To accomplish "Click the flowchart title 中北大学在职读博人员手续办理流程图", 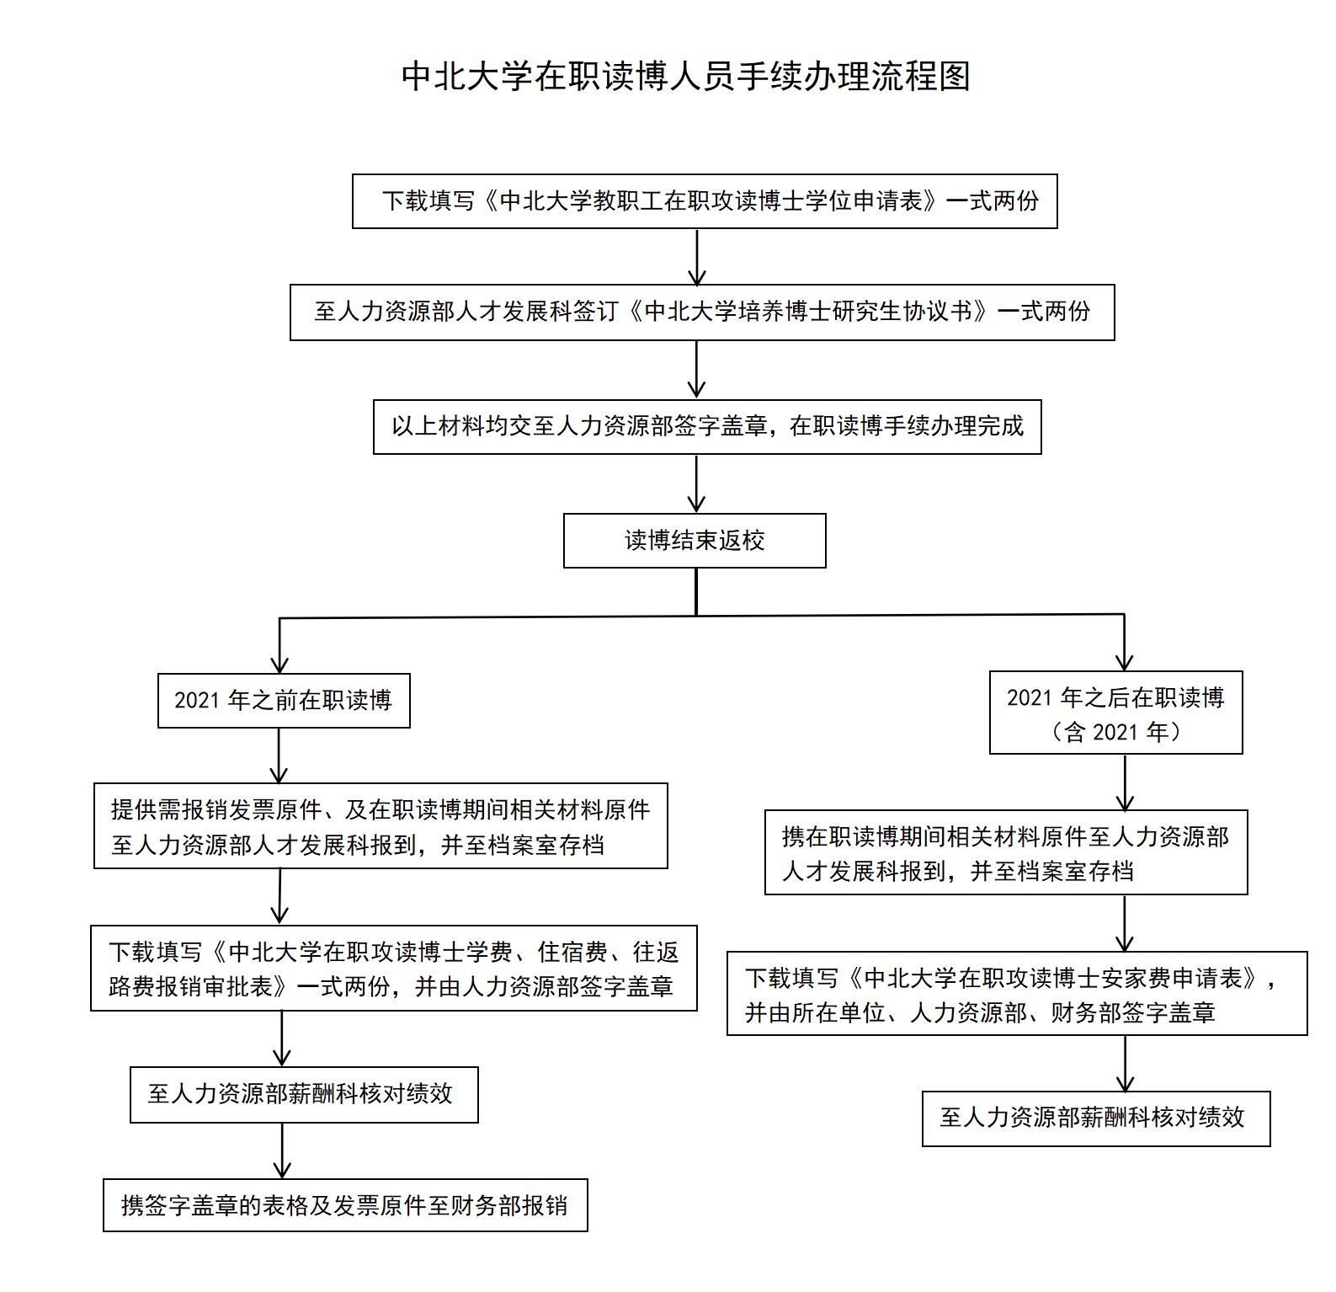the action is tap(686, 76).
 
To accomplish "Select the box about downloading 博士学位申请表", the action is tap(705, 201).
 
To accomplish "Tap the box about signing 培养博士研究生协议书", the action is tap(702, 312).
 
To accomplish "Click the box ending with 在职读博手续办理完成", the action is tap(707, 427).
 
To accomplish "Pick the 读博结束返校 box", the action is tap(695, 541).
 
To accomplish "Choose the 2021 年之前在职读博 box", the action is tap(284, 701).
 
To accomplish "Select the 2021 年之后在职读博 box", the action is tap(1115, 713).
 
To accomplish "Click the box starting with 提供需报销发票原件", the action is tap(381, 826).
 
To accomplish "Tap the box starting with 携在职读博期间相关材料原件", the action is tap(1006, 852).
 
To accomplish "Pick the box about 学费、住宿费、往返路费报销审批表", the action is tap(394, 968).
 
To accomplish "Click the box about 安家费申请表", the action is tap(1017, 994).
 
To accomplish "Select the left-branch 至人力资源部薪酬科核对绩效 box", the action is tap(304, 1095).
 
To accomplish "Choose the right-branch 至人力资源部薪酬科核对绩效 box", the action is tap(1096, 1118).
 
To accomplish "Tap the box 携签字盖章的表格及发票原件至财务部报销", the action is tap(345, 1205).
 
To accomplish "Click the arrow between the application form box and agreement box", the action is tap(697, 258).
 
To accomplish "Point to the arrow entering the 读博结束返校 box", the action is tap(696, 484).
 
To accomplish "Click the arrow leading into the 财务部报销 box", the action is tap(282, 1151).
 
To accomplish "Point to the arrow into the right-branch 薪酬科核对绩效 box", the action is tap(1125, 1064).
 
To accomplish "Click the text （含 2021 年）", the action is tap(1115, 732).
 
